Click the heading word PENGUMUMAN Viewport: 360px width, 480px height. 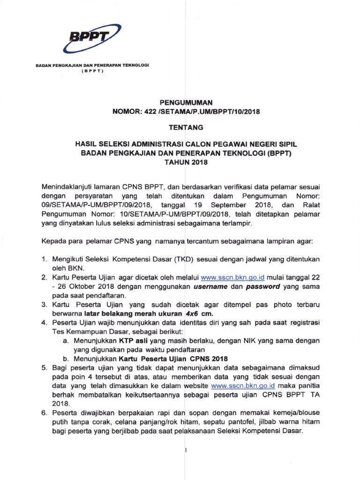point(187,102)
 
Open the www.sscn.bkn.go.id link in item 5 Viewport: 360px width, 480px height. point(242,386)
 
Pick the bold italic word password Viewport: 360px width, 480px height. point(263,287)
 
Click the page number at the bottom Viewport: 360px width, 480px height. point(186,451)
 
